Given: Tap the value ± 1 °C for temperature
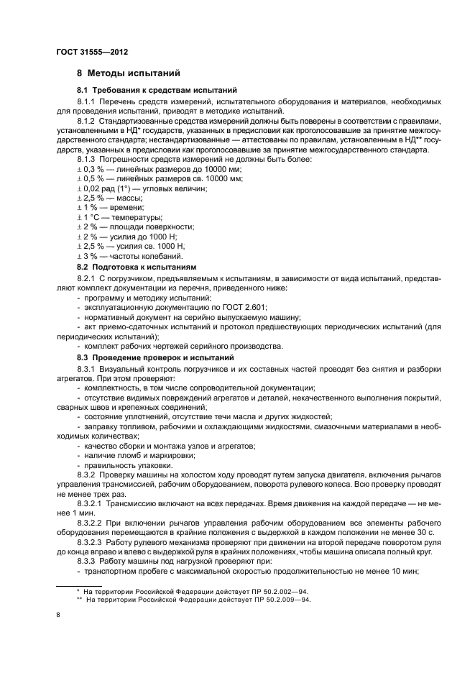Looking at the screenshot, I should pyautogui.click(x=88, y=217).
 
